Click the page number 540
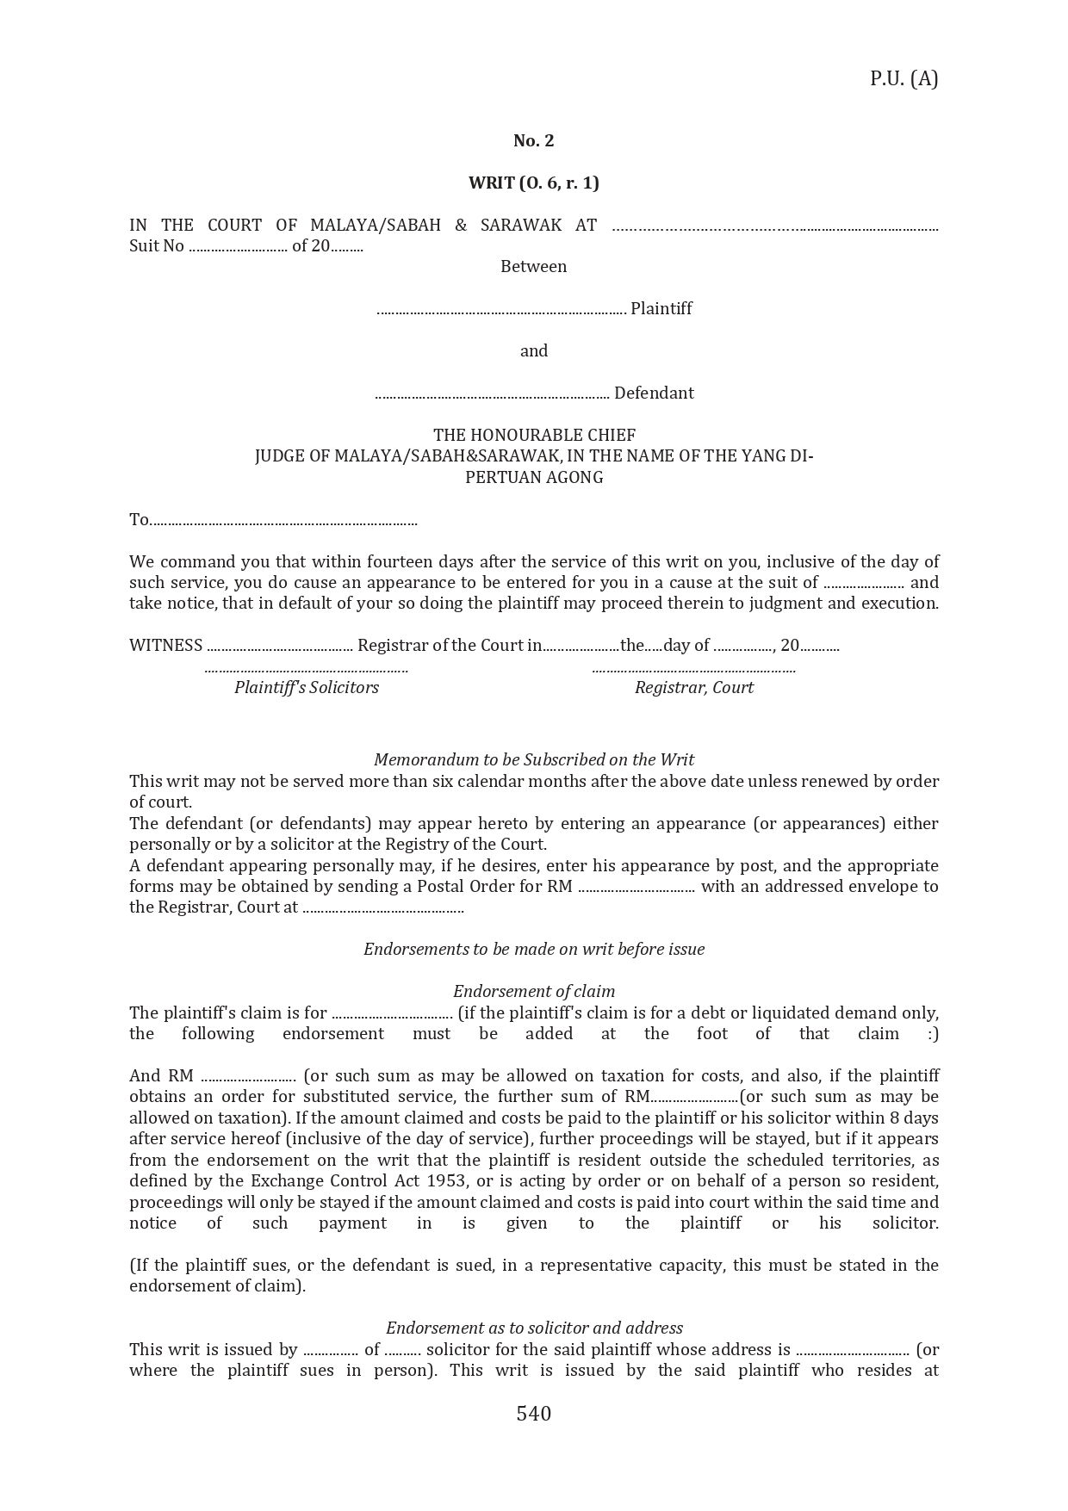click(533, 1413)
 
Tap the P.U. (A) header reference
click(903, 78)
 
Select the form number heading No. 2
click(533, 140)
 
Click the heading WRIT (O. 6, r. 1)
click(533, 183)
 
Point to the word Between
click(533, 266)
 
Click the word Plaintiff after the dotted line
click(661, 308)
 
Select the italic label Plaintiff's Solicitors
click(306, 687)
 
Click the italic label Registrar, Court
click(693, 687)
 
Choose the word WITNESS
click(165, 645)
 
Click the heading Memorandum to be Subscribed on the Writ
click(533, 759)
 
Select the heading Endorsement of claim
click(533, 991)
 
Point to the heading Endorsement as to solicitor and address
click(533, 1328)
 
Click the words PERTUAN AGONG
click(533, 477)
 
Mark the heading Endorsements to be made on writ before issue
click(533, 949)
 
